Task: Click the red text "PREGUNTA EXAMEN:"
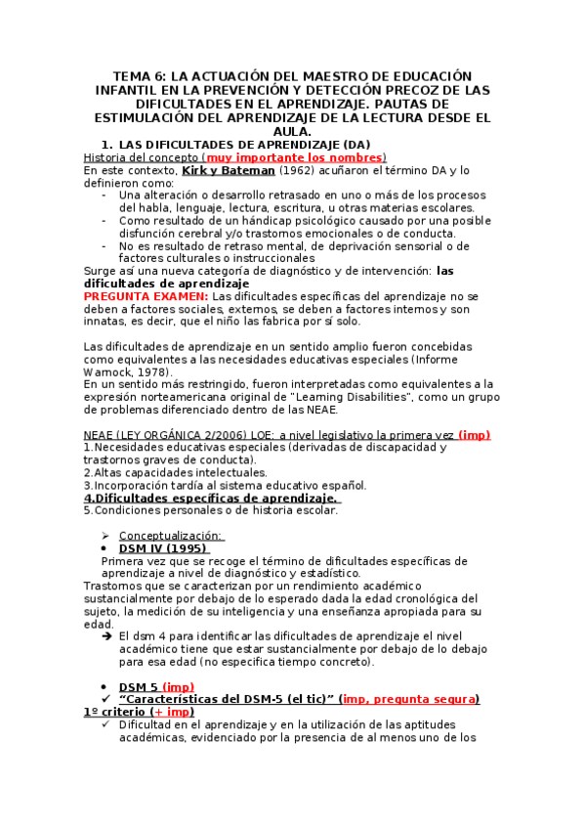tap(146, 295)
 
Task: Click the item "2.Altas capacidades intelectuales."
tap(175, 472)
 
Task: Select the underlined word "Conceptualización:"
tap(171, 535)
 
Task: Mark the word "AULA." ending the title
tap(292, 131)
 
